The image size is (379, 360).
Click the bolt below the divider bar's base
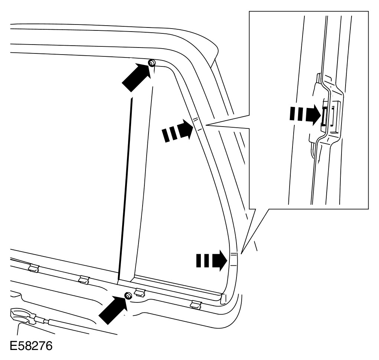(x=127, y=296)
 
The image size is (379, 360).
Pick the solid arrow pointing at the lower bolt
(x=112, y=310)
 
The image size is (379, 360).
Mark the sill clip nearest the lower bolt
(x=140, y=292)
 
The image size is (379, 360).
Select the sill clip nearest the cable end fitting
(x=33, y=268)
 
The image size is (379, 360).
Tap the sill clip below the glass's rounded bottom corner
(x=196, y=305)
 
